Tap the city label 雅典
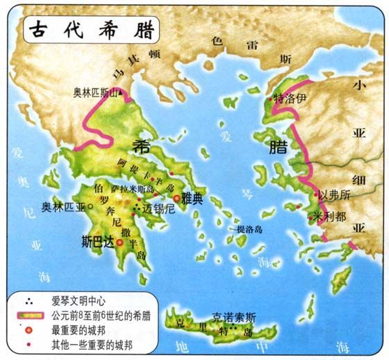(192, 199)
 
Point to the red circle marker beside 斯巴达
(119, 243)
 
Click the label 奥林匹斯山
(98, 91)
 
